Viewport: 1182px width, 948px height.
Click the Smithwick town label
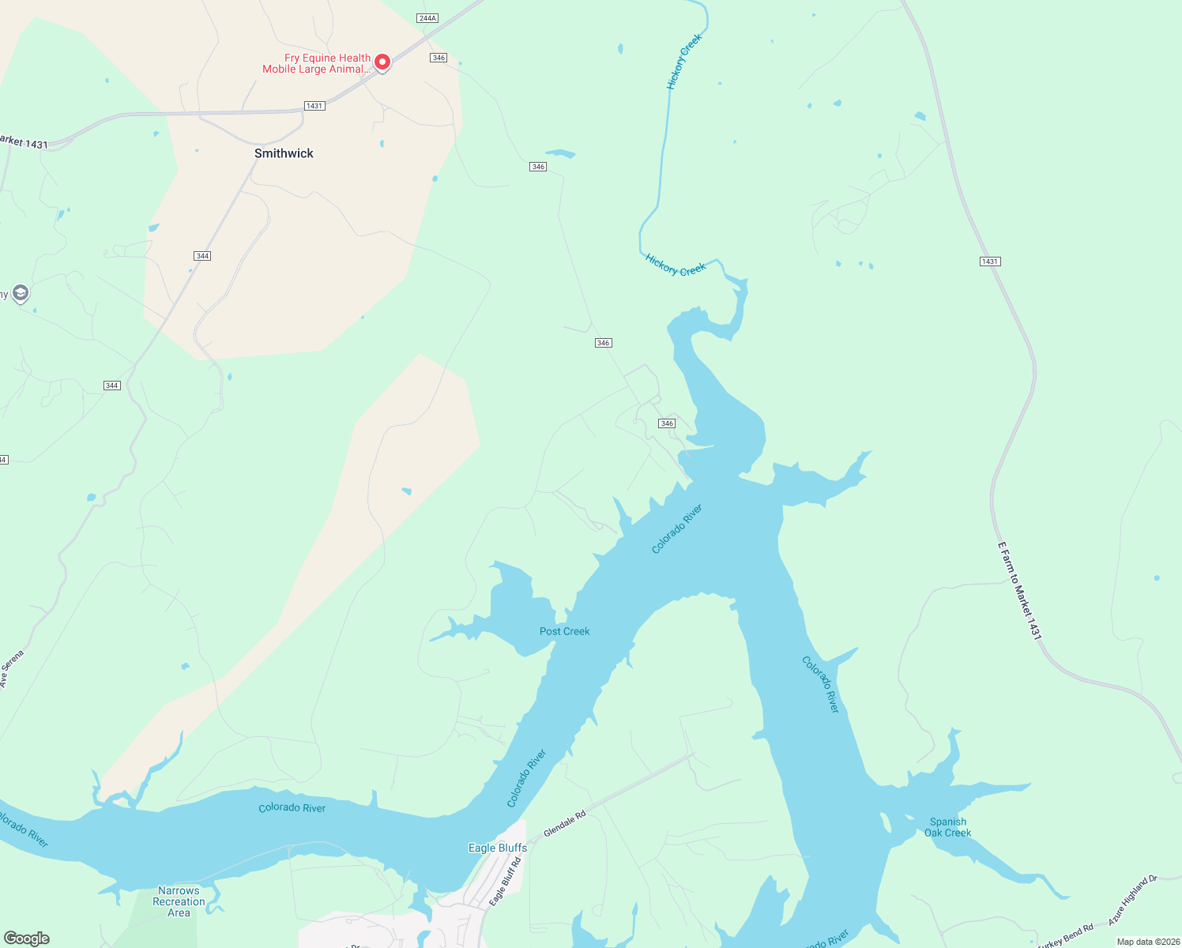[284, 153]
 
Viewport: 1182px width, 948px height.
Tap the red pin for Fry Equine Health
[382, 62]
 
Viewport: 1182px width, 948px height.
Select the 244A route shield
[427, 18]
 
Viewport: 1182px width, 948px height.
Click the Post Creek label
[564, 631]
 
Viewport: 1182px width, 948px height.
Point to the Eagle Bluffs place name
[498, 848]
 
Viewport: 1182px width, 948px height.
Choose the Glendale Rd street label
[564, 823]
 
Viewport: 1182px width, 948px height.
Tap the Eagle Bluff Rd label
[506, 882]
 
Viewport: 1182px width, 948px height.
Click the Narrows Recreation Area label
[179, 901]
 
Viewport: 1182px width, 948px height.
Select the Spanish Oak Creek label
[947, 827]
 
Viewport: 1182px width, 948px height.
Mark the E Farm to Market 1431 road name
[1019, 590]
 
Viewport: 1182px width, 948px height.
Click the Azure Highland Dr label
[1132, 900]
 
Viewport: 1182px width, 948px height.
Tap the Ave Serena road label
[12, 669]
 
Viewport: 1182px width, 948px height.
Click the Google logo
[27, 939]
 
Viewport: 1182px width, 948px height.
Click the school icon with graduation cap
[21, 294]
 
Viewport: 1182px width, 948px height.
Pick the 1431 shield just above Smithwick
[314, 106]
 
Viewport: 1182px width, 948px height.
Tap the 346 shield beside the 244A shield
[439, 58]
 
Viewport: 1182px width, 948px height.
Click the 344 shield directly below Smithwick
[202, 256]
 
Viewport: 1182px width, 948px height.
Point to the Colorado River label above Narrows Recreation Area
[292, 807]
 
